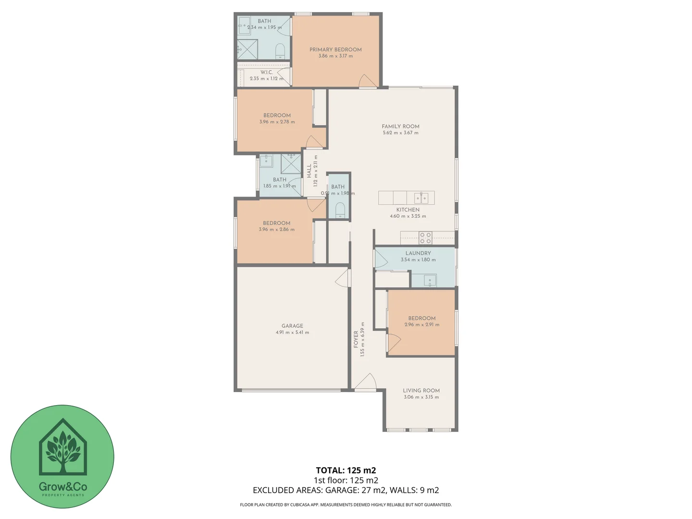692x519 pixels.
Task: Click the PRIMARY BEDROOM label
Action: [335, 49]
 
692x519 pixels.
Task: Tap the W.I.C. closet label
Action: [267, 72]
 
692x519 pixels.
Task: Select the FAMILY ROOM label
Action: [400, 126]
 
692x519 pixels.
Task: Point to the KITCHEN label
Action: [408, 210]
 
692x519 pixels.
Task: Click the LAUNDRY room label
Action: [418, 253]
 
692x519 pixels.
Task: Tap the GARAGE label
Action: [292, 326]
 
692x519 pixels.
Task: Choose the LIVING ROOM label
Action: [421, 391]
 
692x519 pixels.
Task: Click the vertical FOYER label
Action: [356, 339]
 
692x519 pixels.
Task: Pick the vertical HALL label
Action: [309, 172]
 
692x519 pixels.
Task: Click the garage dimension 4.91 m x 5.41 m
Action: [292, 333]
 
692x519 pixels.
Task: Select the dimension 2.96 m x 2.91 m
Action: [421, 325]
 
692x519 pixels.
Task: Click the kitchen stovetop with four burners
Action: [425, 238]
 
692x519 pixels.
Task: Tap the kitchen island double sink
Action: [421, 198]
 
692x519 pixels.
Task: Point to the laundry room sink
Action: [430, 280]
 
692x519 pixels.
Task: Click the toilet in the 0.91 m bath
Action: [340, 210]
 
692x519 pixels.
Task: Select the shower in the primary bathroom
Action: [247, 49]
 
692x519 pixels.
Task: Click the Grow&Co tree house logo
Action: [62, 447]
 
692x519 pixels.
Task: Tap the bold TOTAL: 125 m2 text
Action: [346, 470]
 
